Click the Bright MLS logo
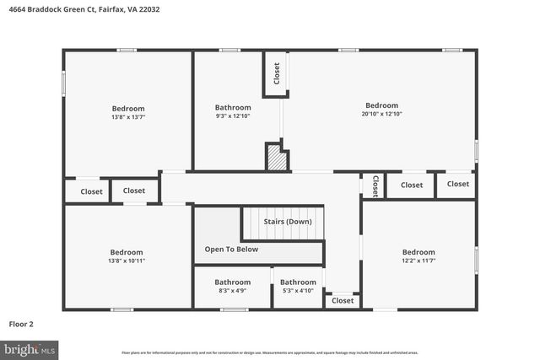[30, 348]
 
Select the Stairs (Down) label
[287, 221]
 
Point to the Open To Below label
[231, 250]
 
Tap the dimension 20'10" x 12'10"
[381, 114]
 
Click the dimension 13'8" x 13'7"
[128, 117]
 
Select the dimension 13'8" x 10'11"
[127, 261]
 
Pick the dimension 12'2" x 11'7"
[418, 261]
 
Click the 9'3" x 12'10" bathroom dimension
[232, 116]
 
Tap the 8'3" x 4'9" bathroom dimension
[232, 291]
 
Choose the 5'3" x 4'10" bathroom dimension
[298, 291]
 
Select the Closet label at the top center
[276, 73]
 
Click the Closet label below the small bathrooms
[343, 300]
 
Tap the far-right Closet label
[457, 184]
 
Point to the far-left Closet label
[91, 191]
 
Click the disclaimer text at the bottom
[270, 352]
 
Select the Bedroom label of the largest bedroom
[381, 105]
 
